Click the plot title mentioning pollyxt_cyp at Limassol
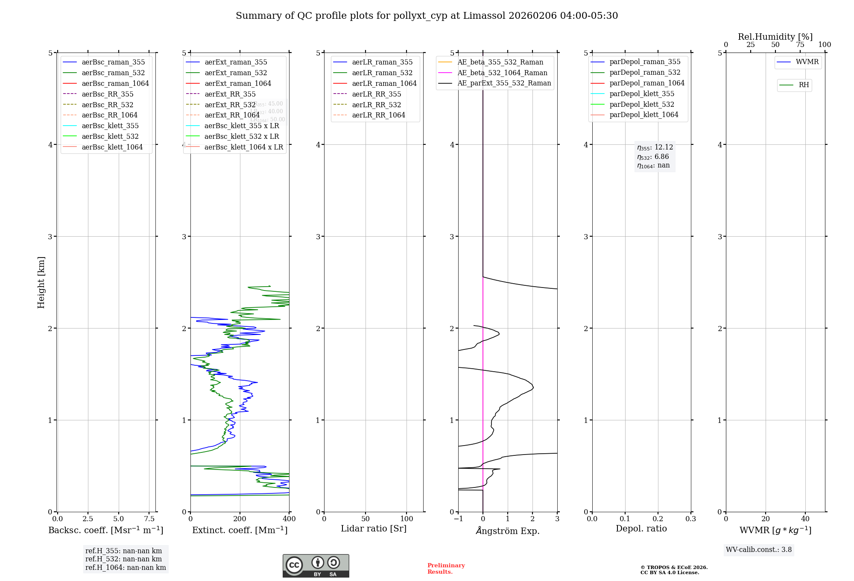tap(427, 16)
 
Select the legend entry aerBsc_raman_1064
tap(115, 83)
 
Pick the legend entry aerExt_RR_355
tap(230, 94)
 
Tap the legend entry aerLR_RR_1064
tap(378, 115)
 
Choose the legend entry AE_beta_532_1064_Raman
tap(502, 73)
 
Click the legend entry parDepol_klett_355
tap(642, 94)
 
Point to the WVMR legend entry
tap(807, 62)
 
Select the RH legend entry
tap(804, 85)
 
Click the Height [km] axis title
tap(41, 282)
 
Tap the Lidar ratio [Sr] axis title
tap(374, 528)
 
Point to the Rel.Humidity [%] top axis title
tap(775, 37)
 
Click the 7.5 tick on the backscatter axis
tap(149, 519)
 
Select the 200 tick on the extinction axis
tap(240, 519)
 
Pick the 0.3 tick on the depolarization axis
tap(690, 519)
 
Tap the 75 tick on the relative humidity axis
tap(800, 45)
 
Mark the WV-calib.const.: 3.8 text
tap(759, 550)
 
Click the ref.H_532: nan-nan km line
tap(123, 559)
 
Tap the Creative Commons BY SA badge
tap(316, 566)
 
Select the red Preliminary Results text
tap(446, 569)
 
